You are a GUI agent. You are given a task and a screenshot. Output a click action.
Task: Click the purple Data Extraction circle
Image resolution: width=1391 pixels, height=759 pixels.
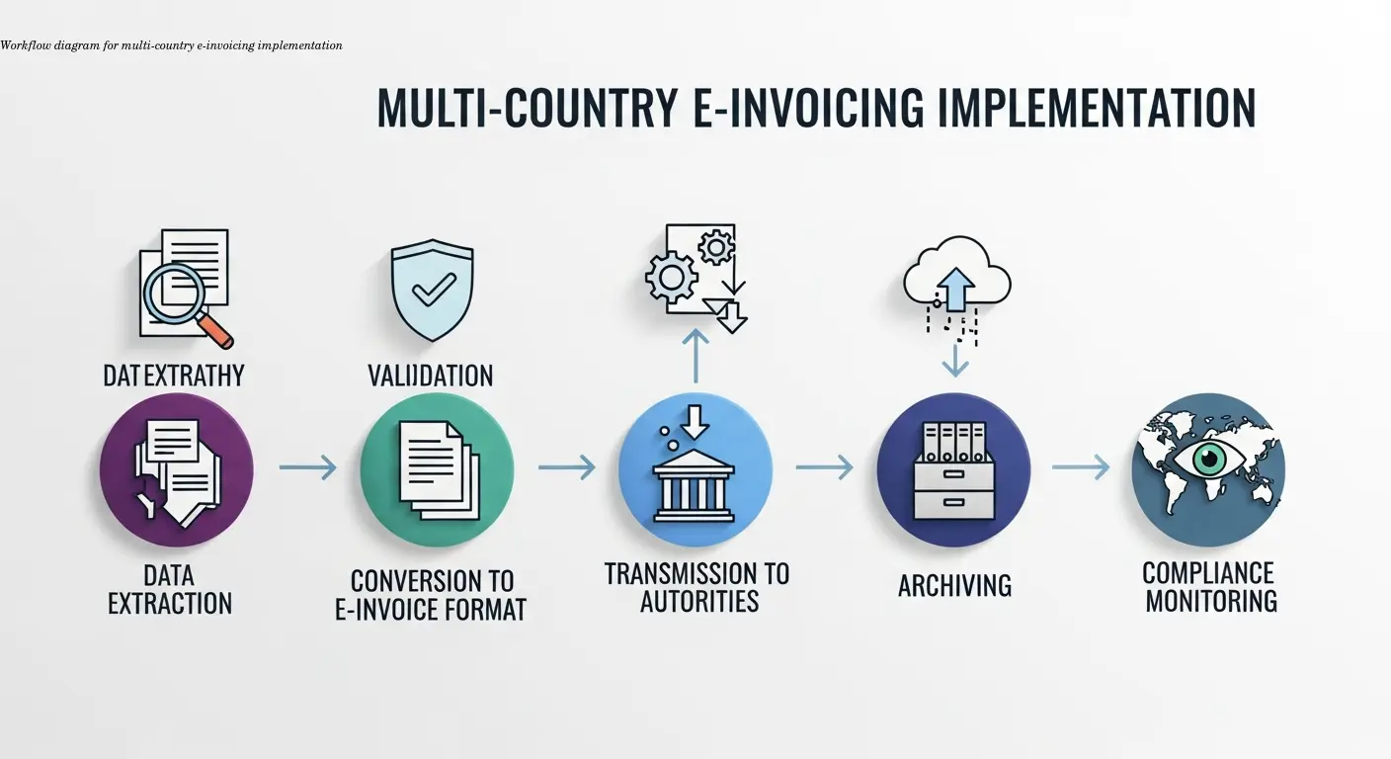pyautogui.click(x=176, y=469)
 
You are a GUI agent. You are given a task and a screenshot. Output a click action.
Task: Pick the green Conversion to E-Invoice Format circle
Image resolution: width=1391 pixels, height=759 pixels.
pyautogui.click(x=437, y=469)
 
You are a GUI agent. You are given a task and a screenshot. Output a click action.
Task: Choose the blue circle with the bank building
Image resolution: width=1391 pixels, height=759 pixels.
pyautogui.click(x=695, y=469)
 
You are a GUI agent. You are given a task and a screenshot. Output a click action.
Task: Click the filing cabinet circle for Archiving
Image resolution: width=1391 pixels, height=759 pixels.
pyautogui.click(x=953, y=469)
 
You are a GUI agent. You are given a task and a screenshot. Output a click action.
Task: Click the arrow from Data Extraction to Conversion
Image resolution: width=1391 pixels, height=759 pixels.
pyautogui.click(x=307, y=466)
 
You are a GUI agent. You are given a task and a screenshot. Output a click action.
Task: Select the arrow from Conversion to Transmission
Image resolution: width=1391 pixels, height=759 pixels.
pyautogui.click(x=566, y=466)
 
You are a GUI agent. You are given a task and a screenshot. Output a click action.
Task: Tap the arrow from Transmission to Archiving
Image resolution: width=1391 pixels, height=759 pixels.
pyautogui.click(x=824, y=466)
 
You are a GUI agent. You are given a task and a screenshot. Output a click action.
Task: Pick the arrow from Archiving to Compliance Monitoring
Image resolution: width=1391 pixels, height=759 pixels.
pyautogui.click(x=1081, y=466)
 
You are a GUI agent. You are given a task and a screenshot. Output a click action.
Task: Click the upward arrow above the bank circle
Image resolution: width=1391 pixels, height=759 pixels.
pyautogui.click(x=695, y=356)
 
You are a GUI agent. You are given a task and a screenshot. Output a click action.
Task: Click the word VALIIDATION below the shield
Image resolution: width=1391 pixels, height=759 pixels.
pyautogui.click(x=430, y=377)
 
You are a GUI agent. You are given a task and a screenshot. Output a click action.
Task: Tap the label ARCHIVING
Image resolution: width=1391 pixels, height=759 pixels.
pyautogui.click(x=954, y=586)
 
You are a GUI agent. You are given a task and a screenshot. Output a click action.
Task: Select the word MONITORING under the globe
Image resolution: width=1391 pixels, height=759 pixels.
pyautogui.click(x=1211, y=600)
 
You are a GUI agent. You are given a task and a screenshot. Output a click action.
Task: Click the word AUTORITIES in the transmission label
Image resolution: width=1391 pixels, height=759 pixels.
pyautogui.click(x=698, y=601)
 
